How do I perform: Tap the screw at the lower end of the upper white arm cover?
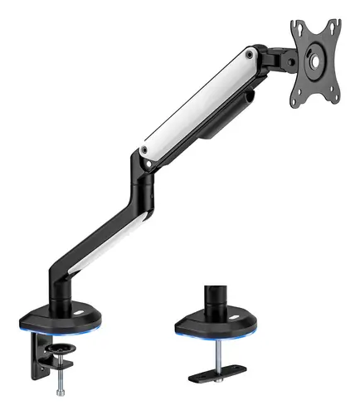pyautogui.click(x=145, y=149)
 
